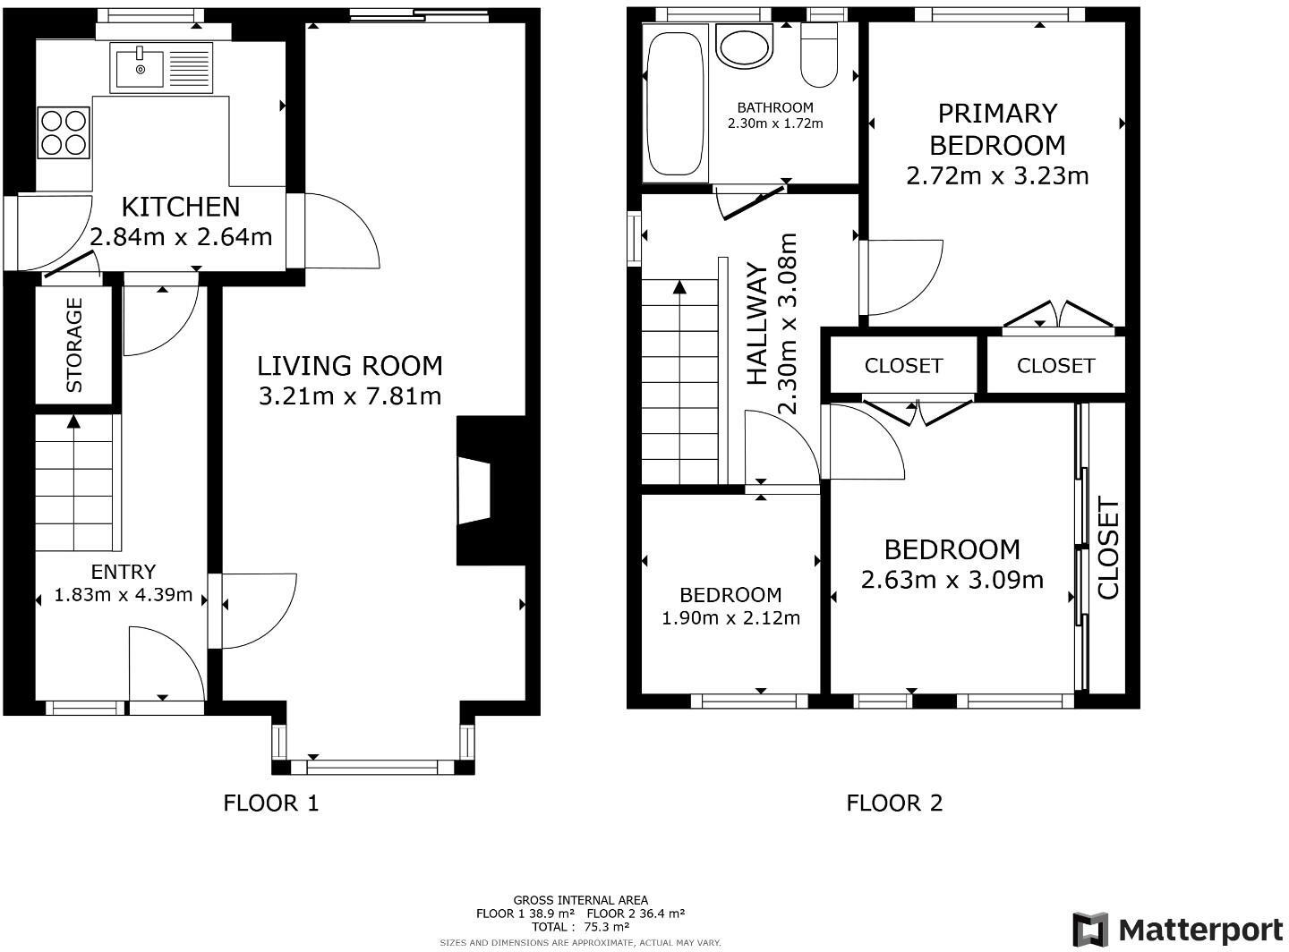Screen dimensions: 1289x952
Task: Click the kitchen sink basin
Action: (x=140, y=69)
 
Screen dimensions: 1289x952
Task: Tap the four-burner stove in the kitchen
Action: (x=64, y=132)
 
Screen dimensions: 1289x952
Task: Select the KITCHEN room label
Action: (x=181, y=208)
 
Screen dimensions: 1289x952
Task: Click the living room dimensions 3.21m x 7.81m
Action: (x=350, y=396)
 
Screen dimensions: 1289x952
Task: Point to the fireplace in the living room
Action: (x=474, y=491)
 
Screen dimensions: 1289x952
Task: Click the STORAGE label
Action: (x=74, y=345)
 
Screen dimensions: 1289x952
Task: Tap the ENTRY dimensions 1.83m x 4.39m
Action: (x=124, y=595)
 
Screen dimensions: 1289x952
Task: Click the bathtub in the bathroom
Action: (x=675, y=104)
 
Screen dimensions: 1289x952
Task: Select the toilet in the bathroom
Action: (x=819, y=55)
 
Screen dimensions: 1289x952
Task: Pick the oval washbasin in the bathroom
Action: (x=745, y=46)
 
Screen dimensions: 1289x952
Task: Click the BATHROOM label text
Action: (x=775, y=107)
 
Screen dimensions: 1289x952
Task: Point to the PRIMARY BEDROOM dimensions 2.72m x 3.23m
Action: (x=997, y=176)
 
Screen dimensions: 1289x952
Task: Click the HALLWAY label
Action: (x=756, y=323)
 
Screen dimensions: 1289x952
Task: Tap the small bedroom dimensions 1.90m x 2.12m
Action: (x=731, y=618)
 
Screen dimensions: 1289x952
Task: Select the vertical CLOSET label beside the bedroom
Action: (x=1108, y=549)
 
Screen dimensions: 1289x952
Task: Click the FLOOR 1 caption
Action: (x=271, y=803)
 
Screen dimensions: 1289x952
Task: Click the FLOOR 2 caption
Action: (x=894, y=803)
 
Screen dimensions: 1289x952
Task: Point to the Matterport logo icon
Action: (x=1090, y=930)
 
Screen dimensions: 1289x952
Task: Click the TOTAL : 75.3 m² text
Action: (x=581, y=926)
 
